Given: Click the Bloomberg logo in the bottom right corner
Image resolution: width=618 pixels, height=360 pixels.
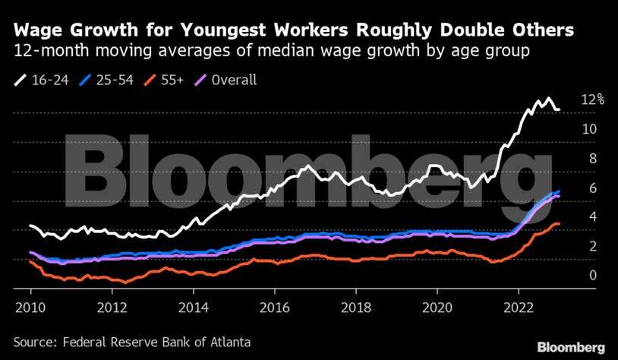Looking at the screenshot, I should (572, 346).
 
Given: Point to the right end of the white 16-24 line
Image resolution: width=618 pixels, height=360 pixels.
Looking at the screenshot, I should (560, 110).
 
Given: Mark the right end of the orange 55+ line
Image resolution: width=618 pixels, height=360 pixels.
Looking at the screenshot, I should (560, 223).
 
